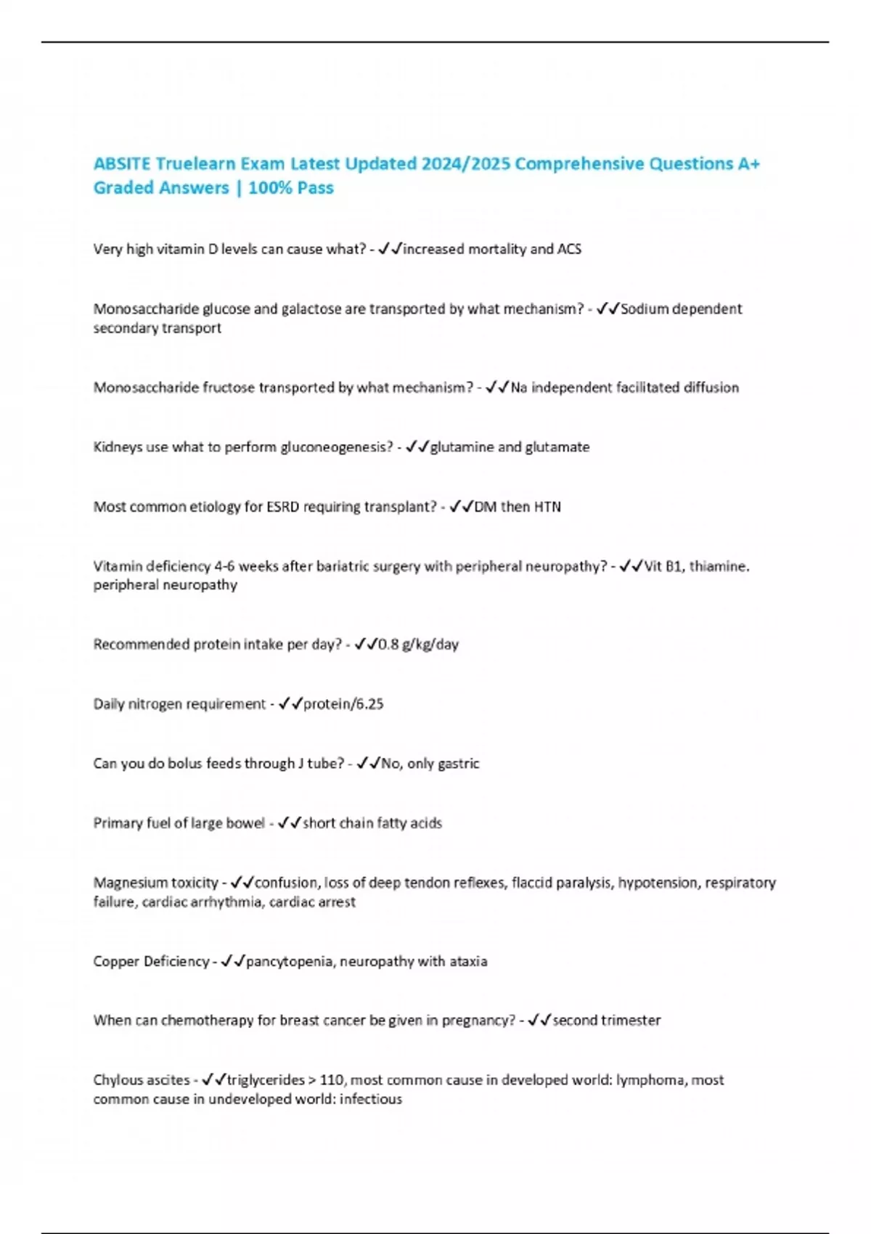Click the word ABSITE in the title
(121, 164)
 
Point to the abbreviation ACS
(569, 249)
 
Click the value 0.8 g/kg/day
(419, 645)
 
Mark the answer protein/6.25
(343, 704)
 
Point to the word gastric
(457, 764)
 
